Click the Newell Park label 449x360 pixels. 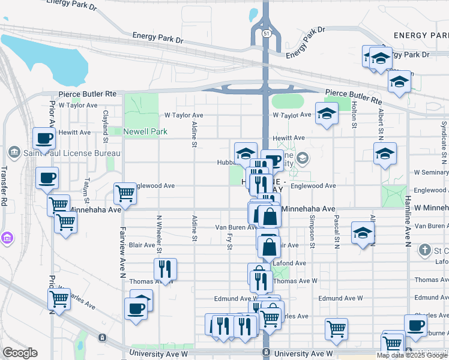(145, 131)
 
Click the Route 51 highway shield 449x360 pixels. (265, 34)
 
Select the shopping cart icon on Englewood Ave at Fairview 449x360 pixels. (125, 193)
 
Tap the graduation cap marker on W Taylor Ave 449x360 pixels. (326, 113)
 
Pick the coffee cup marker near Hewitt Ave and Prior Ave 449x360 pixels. (44, 139)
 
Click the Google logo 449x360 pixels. (20, 353)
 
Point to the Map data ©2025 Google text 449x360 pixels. (412, 355)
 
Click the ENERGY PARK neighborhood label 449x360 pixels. (421, 36)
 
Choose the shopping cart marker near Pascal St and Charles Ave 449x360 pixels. (336, 328)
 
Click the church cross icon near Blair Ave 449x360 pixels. (425, 249)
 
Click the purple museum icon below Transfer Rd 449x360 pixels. (7, 239)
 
